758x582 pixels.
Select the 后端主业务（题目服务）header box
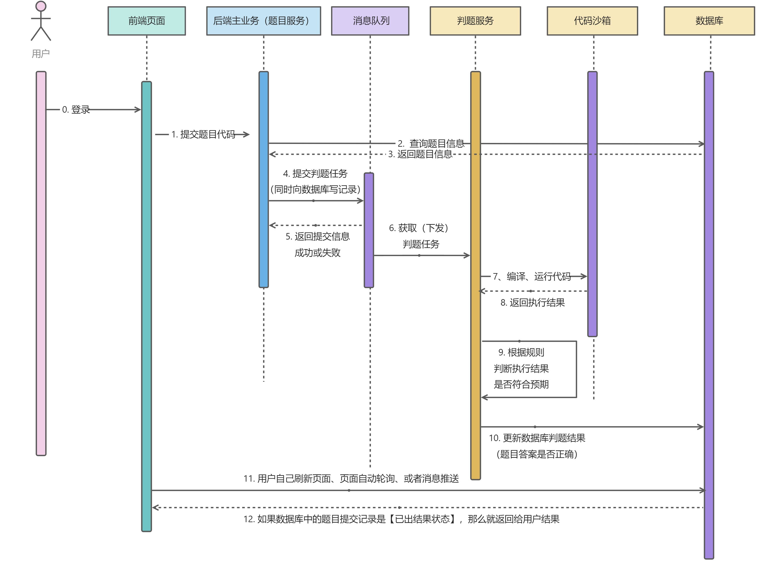tap(263, 21)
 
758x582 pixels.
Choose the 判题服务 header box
tap(475, 21)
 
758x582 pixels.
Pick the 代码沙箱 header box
tap(592, 21)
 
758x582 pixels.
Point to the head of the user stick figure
tap(41, 6)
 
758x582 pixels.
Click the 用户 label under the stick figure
tap(41, 54)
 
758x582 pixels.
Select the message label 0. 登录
tap(76, 110)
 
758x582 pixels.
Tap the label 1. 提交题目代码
tap(203, 134)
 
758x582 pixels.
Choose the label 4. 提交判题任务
tap(315, 173)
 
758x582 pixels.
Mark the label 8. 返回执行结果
tap(532, 303)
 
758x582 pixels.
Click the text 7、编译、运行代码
tap(532, 276)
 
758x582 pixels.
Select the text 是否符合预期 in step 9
tap(521, 384)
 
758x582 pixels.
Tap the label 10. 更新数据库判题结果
tap(537, 438)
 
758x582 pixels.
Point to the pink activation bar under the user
tap(41, 263)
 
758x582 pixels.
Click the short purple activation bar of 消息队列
tap(369, 230)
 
